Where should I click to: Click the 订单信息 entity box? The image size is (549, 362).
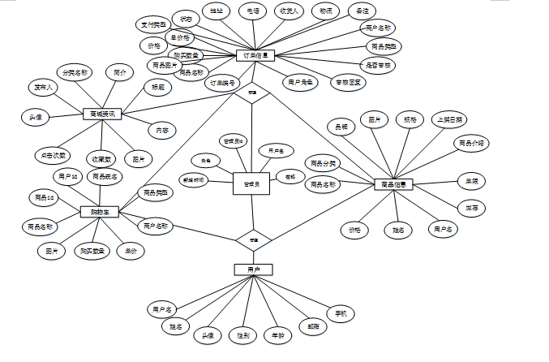click(257, 56)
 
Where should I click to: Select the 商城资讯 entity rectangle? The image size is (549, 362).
click(102, 114)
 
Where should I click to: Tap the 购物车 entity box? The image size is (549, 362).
click(100, 212)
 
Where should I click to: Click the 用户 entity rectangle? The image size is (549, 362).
click(253, 269)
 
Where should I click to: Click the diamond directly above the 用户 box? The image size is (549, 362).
click(253, 240)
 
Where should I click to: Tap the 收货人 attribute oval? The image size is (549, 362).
click(290, 11)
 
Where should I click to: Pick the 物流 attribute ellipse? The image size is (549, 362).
click(326, 11)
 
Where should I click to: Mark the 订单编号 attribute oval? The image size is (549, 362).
click(224, 83)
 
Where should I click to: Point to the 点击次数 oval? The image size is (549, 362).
click(53, 154)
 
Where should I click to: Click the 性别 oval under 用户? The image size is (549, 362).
click(242, 334)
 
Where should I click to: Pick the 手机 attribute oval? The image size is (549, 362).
click(341, 313)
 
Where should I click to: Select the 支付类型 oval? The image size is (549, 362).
click(152, 24)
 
